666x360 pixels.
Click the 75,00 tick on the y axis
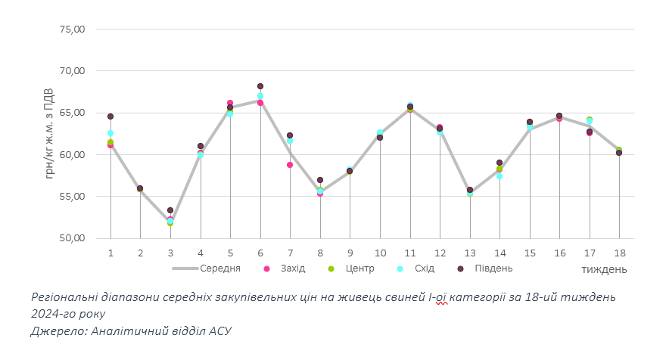point(73,29)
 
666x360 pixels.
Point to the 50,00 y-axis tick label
point(73,238)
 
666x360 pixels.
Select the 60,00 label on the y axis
point(73,155)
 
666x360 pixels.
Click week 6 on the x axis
point(260,253)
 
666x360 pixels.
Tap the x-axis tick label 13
point(470,253)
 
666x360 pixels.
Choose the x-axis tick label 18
point(619,253)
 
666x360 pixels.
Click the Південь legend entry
point(493,268)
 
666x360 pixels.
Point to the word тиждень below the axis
point(603,269)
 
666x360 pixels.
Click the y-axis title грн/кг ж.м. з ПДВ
point(50,134)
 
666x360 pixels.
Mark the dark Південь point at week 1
point(110,116)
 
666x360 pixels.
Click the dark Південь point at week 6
point(260,86)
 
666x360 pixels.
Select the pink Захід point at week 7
point(290,165)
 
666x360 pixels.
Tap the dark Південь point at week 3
point(170,210)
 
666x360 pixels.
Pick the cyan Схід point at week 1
point(110,133)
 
